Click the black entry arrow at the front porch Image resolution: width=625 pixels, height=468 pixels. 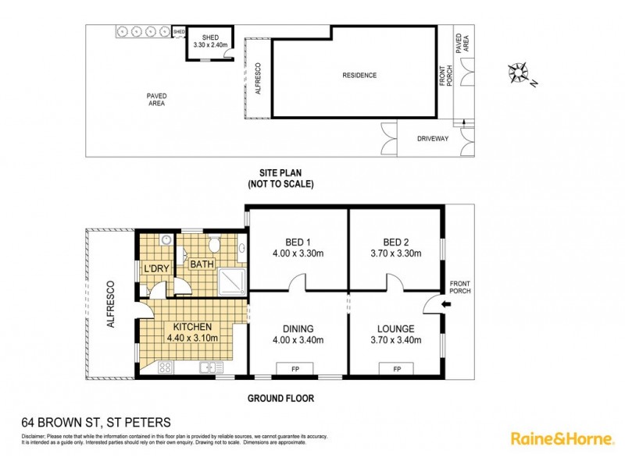(445, 305)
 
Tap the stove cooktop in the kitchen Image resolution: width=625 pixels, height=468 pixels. (166, 367)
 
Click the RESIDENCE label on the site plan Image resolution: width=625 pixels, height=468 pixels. (359, 76)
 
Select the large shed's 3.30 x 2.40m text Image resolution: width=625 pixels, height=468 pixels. (209, 45)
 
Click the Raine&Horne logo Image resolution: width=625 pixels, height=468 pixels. (562, 439)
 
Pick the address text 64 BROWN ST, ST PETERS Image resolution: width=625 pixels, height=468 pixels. (95, 422)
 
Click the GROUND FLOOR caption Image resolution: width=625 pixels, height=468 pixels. (280, 399)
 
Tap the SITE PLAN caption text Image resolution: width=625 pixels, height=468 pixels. (280, 173)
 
